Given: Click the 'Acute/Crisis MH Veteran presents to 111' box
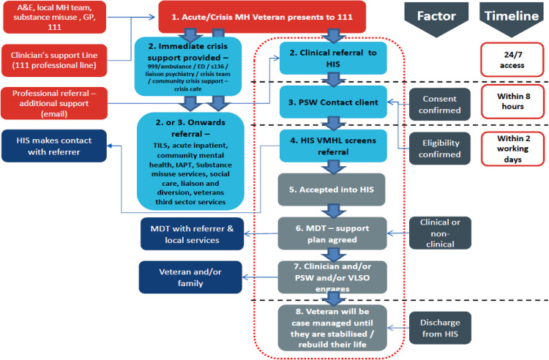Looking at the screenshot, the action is point(262,17).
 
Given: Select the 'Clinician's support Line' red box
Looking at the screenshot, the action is point(54,60).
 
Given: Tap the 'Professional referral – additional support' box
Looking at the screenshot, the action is point(54,103).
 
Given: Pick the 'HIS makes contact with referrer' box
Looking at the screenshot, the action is point(54,146).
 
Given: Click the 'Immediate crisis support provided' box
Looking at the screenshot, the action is point(188,67).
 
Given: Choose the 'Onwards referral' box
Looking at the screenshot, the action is point(190,161).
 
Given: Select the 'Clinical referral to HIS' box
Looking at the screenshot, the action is point(333,58).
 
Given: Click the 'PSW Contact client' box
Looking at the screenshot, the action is point(333,102).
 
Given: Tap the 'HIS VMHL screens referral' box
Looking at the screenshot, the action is point(333,146).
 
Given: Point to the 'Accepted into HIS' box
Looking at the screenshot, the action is point(332,190).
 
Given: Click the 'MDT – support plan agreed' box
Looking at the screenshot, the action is point(332,233).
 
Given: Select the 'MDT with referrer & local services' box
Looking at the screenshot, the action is point(193,233).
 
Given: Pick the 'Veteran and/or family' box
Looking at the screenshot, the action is point(190,277).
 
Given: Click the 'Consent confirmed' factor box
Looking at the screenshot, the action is point(440,104).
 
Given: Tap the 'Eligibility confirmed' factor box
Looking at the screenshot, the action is point(440,149).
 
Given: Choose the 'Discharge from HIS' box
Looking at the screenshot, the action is point(440,328).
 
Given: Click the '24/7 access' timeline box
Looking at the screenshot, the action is point(512,59).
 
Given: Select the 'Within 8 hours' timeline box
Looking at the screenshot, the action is point(513,102).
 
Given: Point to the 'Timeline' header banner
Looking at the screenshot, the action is point(512,19).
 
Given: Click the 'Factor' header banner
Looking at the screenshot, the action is point(436,19).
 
